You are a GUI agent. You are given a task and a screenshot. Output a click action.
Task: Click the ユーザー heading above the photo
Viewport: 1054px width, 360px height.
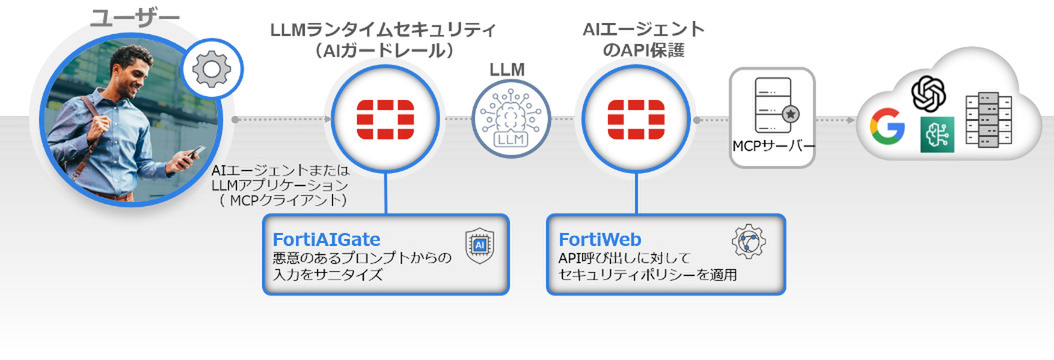[135, 17]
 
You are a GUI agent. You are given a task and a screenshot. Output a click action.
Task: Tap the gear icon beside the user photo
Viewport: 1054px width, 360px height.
[212, 68]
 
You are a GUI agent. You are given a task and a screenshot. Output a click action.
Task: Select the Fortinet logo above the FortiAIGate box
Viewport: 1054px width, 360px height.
[385, 120]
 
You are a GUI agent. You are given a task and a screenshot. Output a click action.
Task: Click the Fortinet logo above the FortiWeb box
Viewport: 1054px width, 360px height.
[636, 120]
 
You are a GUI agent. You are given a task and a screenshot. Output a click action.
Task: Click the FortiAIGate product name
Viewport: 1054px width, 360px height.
[326, 240]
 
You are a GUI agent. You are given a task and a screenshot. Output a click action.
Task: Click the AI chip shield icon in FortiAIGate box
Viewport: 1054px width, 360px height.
[480, 245]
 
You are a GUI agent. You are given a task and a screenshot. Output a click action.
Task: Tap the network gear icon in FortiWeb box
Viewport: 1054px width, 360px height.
[749, 243]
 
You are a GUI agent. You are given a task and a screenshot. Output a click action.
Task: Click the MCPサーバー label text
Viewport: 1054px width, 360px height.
[772, 147]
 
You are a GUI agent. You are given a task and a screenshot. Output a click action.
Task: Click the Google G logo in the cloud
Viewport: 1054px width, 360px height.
[887, 125]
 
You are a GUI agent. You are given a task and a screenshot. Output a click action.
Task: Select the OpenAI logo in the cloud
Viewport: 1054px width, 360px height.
[929, 93]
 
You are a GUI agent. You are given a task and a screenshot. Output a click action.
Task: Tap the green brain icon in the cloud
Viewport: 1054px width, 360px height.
[937, 133]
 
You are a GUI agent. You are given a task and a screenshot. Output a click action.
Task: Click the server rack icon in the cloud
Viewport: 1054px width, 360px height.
[988, 119]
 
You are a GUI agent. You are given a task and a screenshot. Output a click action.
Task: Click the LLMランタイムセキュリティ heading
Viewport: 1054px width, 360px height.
[382, 30]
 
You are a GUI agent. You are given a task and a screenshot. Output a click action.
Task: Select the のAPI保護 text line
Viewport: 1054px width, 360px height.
[644, 50]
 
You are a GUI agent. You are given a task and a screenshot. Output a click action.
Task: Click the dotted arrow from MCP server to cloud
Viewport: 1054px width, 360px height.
[835, 120]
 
